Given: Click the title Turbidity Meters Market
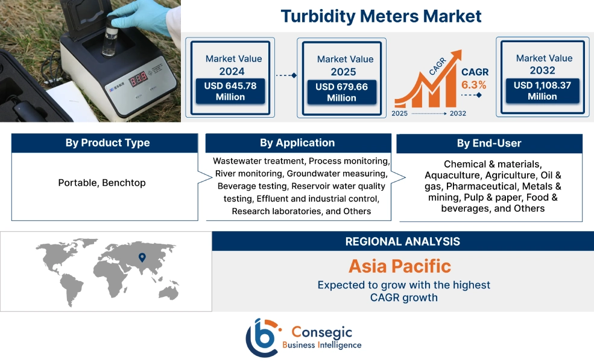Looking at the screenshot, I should pyautogui.click(x=381, y=16).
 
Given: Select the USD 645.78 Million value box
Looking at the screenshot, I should pyautogui.click(x=230, y=91).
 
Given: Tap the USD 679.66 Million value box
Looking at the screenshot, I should pyautogui.click(x=342, y=92).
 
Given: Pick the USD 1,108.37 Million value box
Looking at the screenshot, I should pyautogui.click(x=542, y=91).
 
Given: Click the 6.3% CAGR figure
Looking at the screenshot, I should pyautogui.click(x=474, y=84).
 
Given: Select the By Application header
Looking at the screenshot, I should pyautogui.click(x=297, y=143).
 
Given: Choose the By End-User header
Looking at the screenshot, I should pyautogui.click(x=489, y=144).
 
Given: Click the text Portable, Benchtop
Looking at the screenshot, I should pyautogui.click(x=102, y=182).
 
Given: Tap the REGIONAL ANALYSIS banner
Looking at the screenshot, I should pyautogui.click(x=402, y=241).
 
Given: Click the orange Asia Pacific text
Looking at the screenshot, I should pyautogui.click(x=399, y=266).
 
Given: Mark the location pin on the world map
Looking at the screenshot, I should pyautogui.click(x=142, y=258).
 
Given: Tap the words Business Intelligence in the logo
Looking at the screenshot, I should pyautogui.click(x=322, y=345).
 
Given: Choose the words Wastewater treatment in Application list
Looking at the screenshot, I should pyautogui.click(x=260, y=162).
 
